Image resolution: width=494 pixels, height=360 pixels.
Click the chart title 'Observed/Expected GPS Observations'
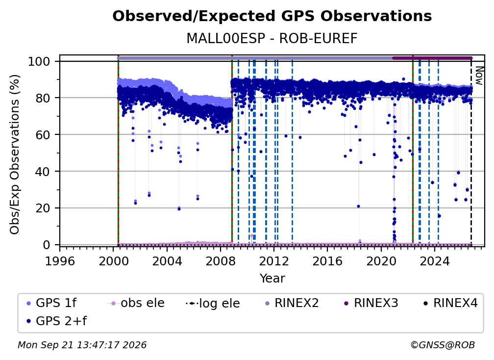[x=272, y=16]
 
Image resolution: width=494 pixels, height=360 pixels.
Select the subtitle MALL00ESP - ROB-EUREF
[x=272, y=38]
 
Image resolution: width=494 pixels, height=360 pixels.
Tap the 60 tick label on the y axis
[x=43, y=135]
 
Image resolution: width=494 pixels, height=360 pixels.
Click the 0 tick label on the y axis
[x=47, y=245]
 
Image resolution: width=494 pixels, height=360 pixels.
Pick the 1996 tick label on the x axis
[x=60, y=261]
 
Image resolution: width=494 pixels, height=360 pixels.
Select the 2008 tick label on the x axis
[x=220, y=261]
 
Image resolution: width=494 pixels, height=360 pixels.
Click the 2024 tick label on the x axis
[x=434, y=261]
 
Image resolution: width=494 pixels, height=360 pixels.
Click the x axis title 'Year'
[x=272, y=279]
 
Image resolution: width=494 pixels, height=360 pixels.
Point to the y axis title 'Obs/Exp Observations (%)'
[x=15, y=154]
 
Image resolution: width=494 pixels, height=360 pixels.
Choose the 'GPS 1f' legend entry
[x=51, y=303]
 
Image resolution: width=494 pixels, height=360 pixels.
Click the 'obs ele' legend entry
[x=136, y=303]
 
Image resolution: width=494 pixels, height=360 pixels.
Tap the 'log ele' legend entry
[x=213, y=303]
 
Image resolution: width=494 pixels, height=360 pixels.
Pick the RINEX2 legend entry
[x=292, y=303]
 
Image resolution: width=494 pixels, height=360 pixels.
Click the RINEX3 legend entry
[x=371, y=303]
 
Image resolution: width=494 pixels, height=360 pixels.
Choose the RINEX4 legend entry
[x=450, y=303]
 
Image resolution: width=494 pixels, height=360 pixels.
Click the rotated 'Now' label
[x=479, y=76]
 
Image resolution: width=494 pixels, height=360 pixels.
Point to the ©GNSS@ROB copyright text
[x=443, y=345]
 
